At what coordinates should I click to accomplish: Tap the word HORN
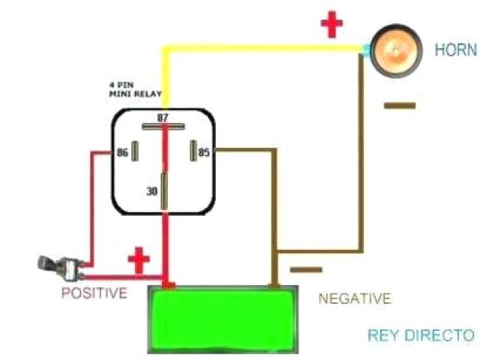455,50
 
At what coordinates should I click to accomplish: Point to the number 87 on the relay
163,118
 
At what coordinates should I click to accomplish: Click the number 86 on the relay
123,152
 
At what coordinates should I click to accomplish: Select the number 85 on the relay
204,152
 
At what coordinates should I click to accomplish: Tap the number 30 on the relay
152,191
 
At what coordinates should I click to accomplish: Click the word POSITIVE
94,292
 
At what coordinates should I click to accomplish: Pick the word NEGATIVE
355,298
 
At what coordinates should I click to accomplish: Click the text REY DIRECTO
421,335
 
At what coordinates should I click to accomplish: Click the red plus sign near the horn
331,25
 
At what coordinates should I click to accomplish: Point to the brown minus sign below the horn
399,106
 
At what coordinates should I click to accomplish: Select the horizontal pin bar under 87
163,127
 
